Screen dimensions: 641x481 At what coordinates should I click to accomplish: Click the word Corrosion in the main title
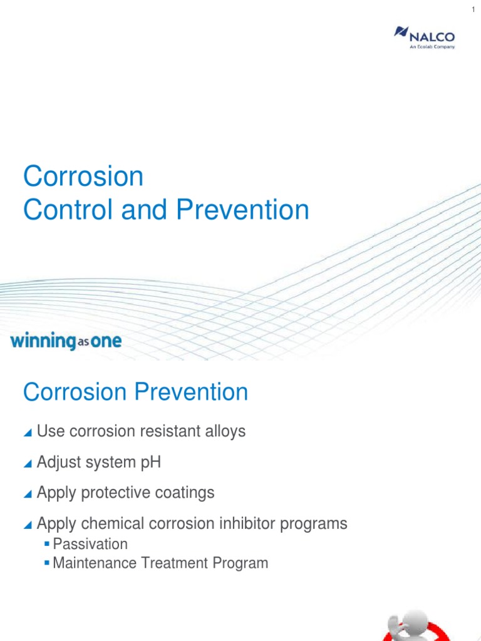point(83,177)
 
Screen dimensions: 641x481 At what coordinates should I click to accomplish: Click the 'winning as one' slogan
point(66,342)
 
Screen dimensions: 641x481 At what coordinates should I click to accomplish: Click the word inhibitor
point(242,523)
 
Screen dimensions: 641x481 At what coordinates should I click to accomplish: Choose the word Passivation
point(90,543)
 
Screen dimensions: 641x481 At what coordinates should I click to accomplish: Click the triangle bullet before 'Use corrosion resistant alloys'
point(27,433)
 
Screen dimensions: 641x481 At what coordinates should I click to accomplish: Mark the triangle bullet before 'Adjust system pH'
point(27,464)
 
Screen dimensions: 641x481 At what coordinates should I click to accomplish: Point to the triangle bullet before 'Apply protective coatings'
point(27,494)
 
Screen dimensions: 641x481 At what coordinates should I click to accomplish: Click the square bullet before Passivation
point(47,543)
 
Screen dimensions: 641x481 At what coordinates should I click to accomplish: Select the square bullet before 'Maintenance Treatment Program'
point(47,563)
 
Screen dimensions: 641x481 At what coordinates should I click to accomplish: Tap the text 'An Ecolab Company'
point(432,46)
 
